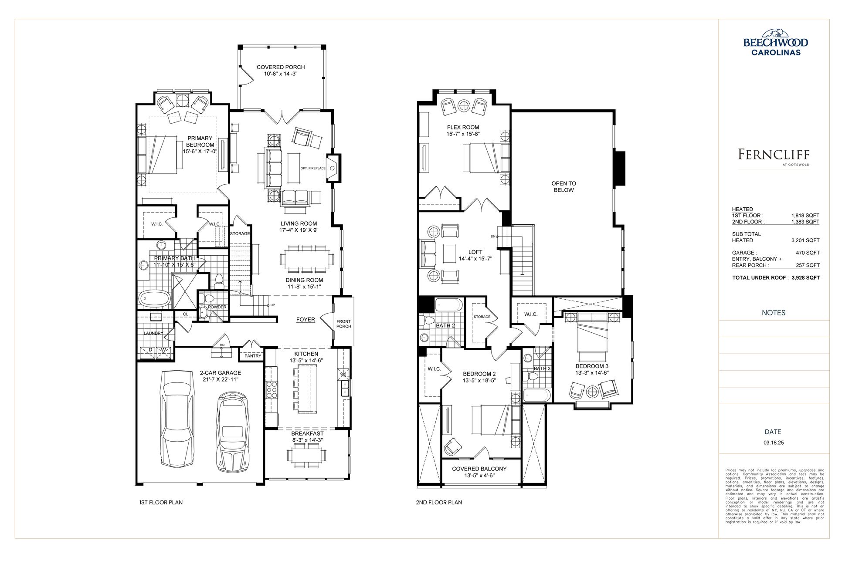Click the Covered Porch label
click(x=281, y=67)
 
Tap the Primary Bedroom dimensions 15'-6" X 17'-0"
click(x=200, y=152)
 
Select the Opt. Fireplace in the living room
click(x=312, y=168)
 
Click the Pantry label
click(x=253, y=356)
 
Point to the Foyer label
click(x=306, y=319)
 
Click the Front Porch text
click(x=343, y=324)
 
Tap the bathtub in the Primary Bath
click(x=154, y=298)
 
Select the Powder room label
click(x=217, y=307)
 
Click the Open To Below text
click(x=564, y=187)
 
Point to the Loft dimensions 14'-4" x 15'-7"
click(x=475, y=258)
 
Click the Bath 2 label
click(x=445, y=325)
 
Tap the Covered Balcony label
click(x=479, y=469)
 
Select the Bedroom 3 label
click(x=592, y=366)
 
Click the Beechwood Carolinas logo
click(x=775, y=44)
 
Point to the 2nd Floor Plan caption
click(x=439, y=502)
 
